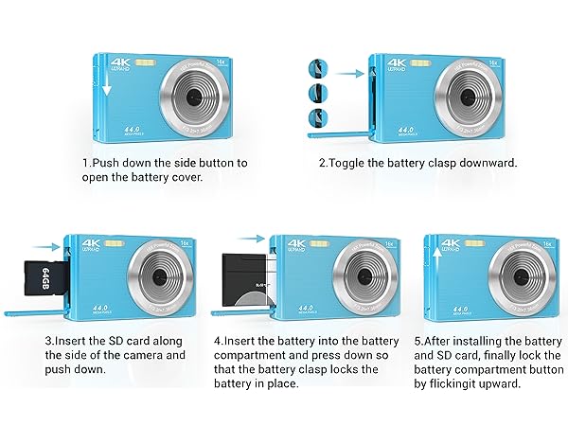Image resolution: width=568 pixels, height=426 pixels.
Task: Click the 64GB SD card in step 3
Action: (x=46, y=275)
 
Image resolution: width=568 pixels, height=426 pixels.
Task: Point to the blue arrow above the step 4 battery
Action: (x=250, y=240)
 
